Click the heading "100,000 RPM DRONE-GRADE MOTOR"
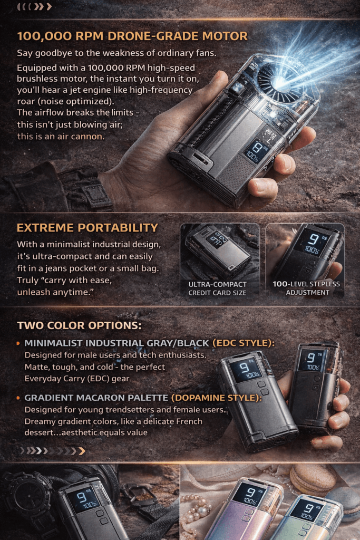[x=132, y=36]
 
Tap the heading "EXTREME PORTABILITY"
[x=87, y=228]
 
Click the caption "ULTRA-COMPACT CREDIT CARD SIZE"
[x=217, y=288]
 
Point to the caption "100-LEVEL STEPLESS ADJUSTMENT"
[x=306, y=288]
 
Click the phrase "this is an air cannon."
[x=61, y=136]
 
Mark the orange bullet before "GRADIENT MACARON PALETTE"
[x=20, y=398]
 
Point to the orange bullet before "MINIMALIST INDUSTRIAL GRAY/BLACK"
[x=20, y=344]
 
